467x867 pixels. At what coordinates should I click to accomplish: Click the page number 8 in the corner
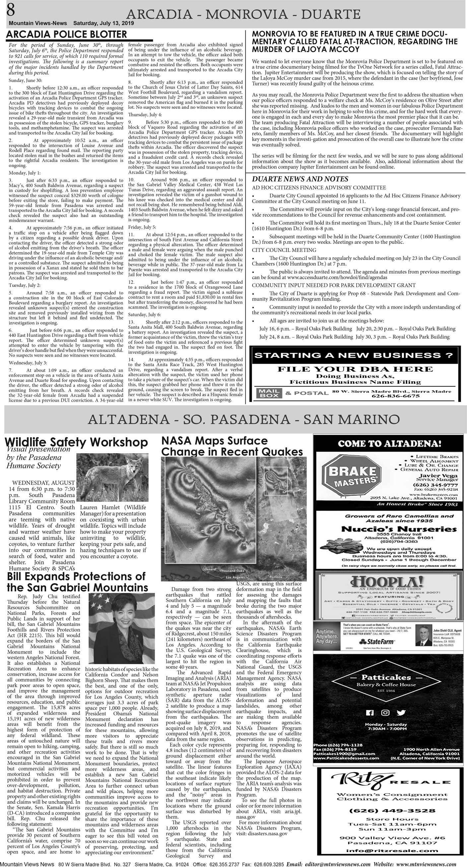(10, 10)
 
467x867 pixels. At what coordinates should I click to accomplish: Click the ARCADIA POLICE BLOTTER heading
(67, 34)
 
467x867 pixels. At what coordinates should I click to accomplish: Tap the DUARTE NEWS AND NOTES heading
(300, 179)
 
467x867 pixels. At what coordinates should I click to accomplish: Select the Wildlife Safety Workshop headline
(77, 442)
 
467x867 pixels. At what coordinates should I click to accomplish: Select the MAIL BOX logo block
(268, 393)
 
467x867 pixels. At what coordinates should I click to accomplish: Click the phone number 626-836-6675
(395, 396)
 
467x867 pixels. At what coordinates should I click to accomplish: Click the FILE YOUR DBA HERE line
(355, 369)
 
